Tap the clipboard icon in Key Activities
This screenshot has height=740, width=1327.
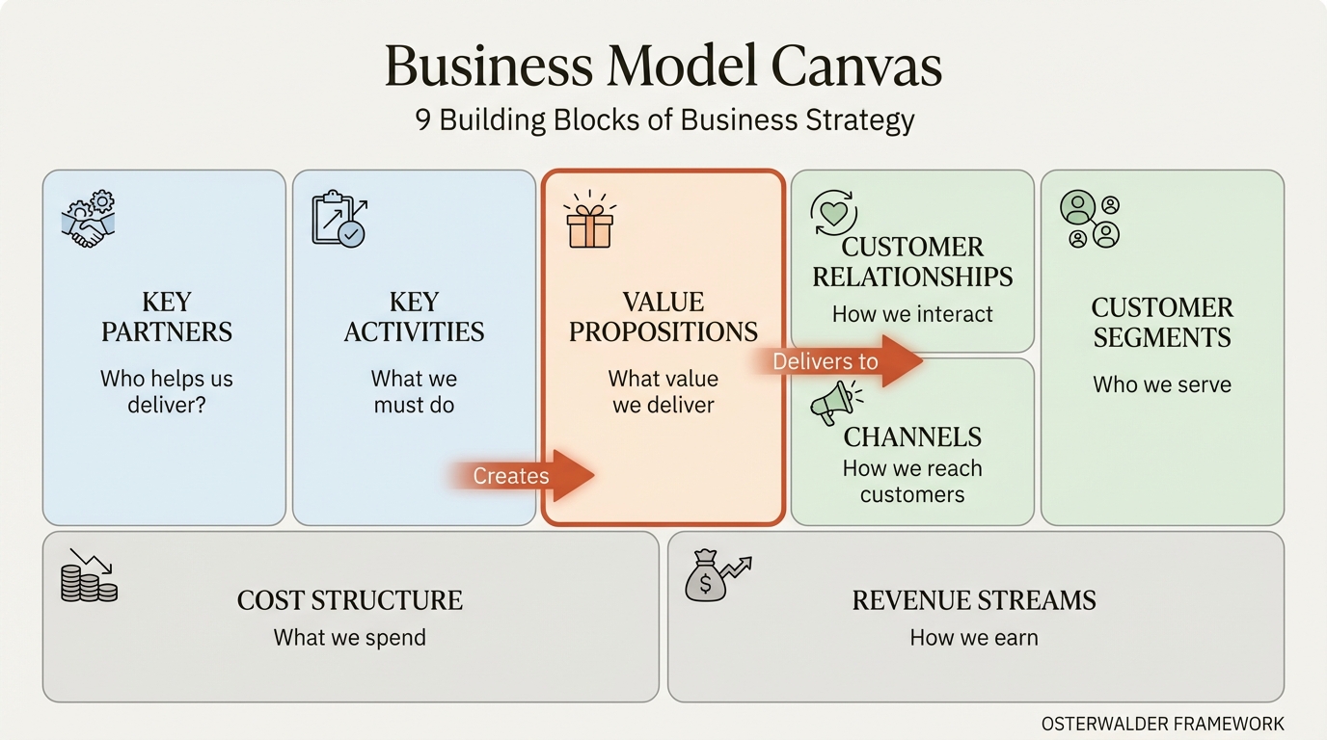click(339, 219)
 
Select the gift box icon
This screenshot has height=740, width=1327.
click(589, 224)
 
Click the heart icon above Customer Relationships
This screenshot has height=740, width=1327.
click(833, 212)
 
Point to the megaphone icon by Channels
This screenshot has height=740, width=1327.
click(834, 401)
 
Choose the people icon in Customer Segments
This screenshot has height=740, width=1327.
click(1090, 219)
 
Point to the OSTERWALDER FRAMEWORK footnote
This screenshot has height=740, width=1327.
click(1162, 724)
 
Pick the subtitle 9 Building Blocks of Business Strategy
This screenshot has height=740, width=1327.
click(664, 119)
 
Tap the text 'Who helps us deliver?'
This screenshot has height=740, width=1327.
click(167, 392)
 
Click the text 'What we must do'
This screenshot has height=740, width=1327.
click(414, 392)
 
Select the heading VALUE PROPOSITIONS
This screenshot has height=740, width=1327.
click(663, 317)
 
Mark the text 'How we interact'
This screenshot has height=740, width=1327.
click(912, 314)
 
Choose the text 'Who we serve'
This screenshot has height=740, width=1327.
click(1162, 384)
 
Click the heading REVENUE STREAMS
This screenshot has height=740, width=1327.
click(974, 600)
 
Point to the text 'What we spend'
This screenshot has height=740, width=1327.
click(349, 637)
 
